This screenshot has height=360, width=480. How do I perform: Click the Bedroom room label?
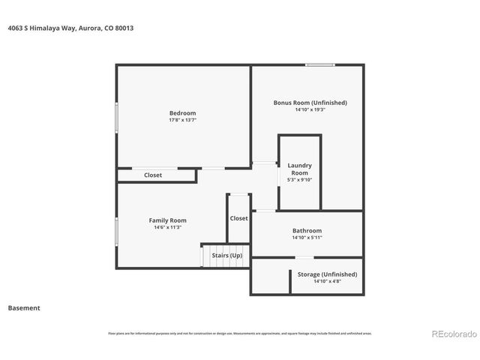182,112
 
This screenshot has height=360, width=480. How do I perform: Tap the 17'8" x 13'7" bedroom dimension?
182,119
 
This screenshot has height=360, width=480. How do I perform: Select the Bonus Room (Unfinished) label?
310,102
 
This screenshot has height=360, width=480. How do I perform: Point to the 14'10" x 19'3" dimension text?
310,109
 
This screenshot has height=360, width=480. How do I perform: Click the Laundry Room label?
299,169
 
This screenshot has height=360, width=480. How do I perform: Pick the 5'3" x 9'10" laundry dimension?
299,179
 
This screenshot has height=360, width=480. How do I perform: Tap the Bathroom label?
307,230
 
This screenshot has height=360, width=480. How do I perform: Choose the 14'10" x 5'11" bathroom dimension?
307,238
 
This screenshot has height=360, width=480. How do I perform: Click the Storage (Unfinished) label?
327,274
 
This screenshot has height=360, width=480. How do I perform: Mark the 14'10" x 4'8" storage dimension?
327,282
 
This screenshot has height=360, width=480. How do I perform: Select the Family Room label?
167,220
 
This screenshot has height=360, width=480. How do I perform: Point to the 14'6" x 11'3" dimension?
167,227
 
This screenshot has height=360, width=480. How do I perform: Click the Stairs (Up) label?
226,256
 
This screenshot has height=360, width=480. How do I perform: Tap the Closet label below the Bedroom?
153,175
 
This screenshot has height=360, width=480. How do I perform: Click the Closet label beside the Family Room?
238,218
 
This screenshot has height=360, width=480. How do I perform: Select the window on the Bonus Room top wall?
319,65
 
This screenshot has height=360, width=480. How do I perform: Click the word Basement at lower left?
24,307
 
